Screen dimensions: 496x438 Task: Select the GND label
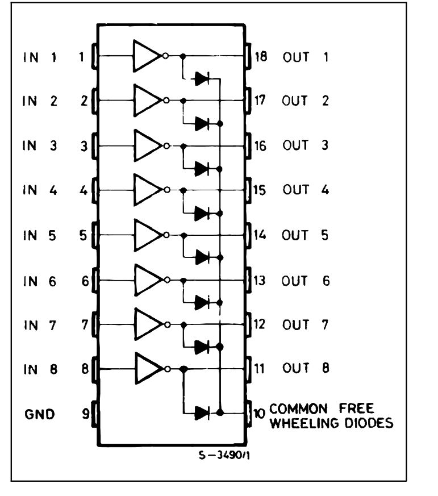coord(39,414)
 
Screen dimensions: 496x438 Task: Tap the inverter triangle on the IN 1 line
coord(147,56)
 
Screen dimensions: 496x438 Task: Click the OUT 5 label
coord(305,234)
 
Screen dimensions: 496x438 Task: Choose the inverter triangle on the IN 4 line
coord(147,190)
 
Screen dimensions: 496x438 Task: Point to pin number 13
coord(260,280)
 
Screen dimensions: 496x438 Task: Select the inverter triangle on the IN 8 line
coord(147,369)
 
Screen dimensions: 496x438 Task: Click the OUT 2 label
coord(305,101)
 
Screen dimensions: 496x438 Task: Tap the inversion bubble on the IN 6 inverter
coord(166,280)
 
